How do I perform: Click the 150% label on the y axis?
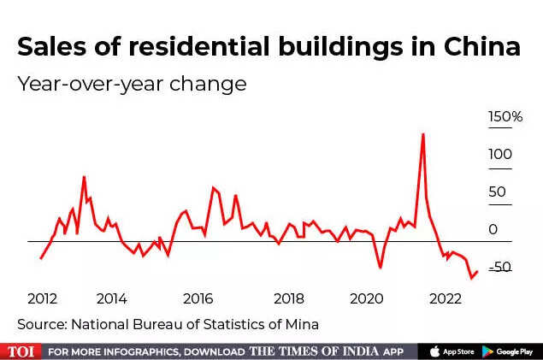click(505, 117)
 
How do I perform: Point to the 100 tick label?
click(500, 155)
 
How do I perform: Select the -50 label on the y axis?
click(500, 268)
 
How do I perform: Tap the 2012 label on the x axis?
click(42, 298)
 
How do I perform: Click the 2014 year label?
click(112, 298)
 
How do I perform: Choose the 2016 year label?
click(198, 298)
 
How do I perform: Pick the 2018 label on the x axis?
click(289, 298)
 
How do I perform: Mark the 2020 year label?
click(367, 298)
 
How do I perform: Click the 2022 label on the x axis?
click(446, 298)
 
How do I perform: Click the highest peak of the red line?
click(422, 133)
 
